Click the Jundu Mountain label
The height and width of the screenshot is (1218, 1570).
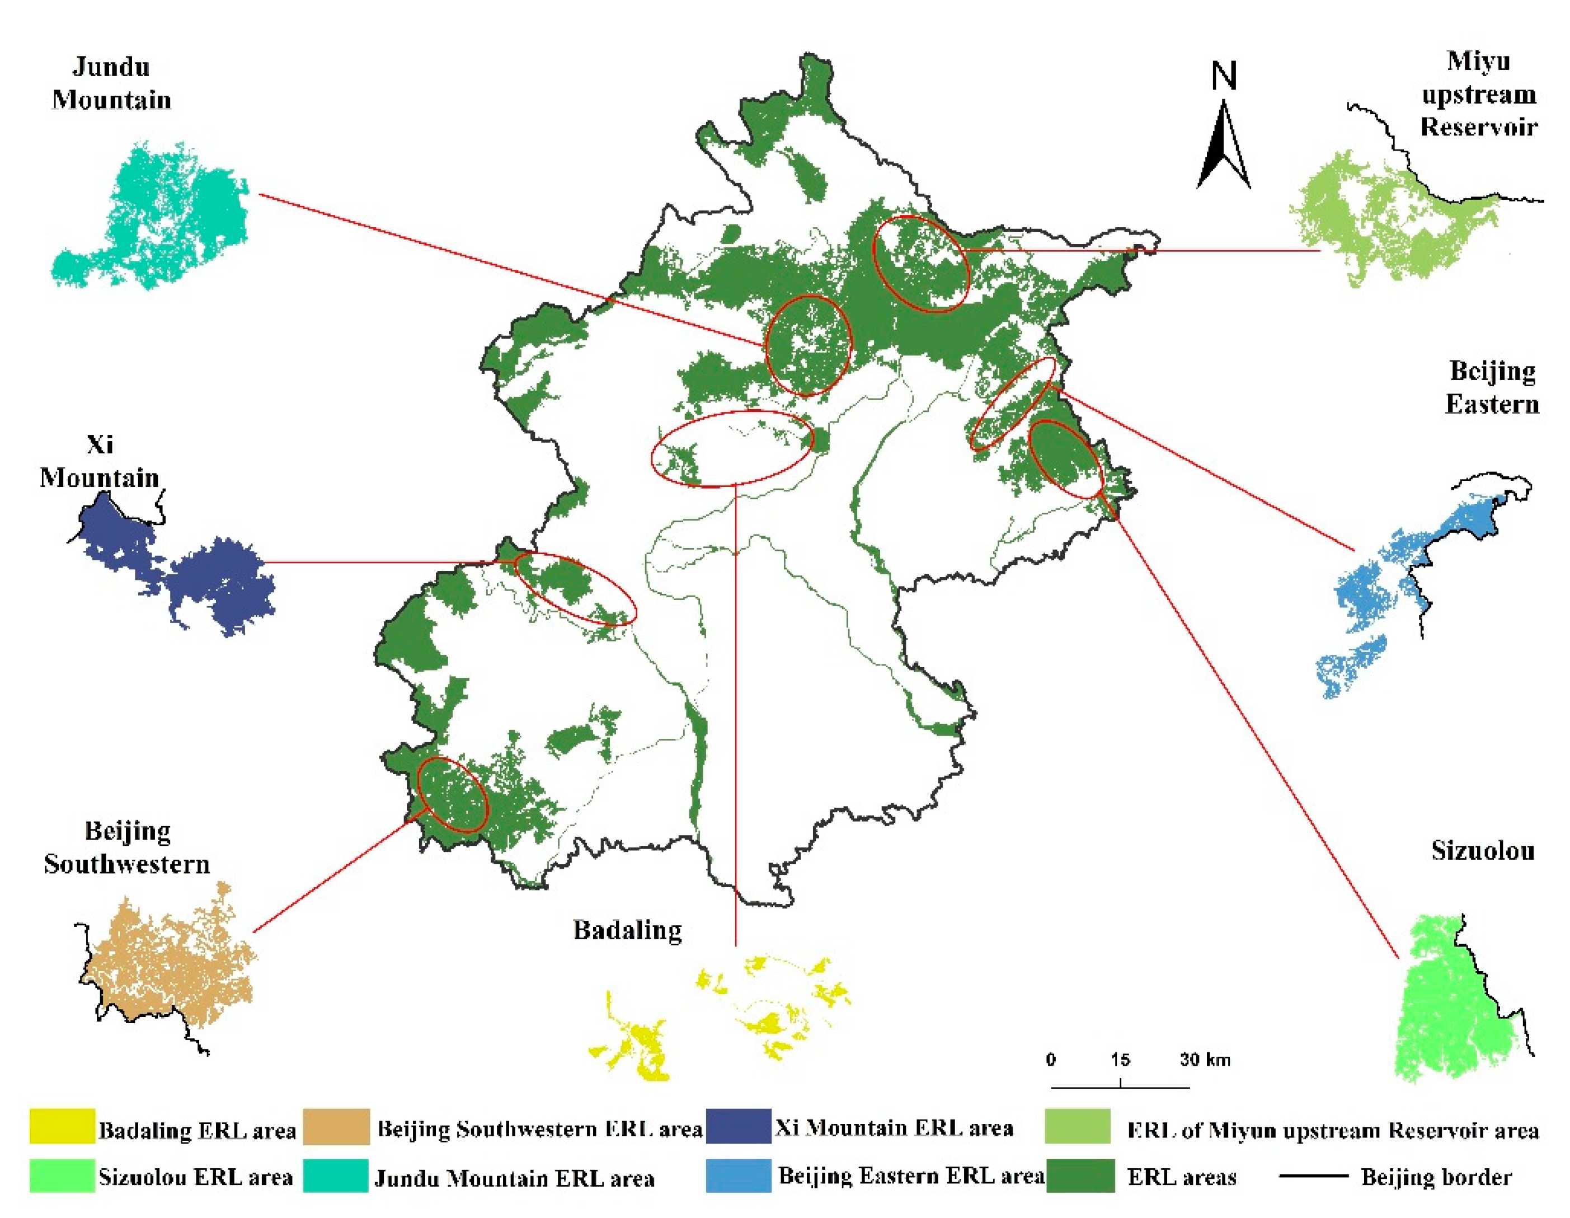pyautogui.click(x=111, y=83)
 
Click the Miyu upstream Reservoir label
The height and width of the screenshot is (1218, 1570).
pyautogui.click(x=1479, y=93)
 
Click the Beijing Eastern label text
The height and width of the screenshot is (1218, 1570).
pyautogui.click(x=1492, y=387)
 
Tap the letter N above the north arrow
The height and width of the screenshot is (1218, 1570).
pyautogui.click(x=1224, y=76)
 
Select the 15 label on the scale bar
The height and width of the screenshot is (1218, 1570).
pyautogui.click(x=1120, y=1059)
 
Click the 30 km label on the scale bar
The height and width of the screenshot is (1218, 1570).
pyautogui.click(x=1205, y=1059)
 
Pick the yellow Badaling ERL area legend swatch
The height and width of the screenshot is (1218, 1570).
pyautogui.click(x=62, y=1126)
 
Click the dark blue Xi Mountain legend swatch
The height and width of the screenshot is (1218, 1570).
pyautogui.click(x=738, y=1126)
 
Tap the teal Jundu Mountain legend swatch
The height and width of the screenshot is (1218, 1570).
pyautogui.click(x=336, y=1175)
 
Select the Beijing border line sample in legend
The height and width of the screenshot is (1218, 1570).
pyautogui.click(x=1313, y=1175)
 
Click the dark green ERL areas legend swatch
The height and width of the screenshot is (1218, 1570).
pyautogui.click(x=1080, y=1175)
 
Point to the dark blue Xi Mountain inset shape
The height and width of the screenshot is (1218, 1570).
pyautogui.click(x=215, y=582)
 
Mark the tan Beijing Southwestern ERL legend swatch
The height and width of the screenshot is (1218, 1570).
pyautogui.click(x=336, y=1126)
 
